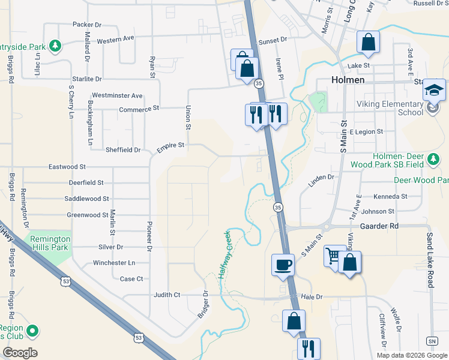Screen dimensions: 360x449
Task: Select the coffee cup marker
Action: pyautogui.click(x=283, y=265)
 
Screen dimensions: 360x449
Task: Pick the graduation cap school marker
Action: pyautogui.click(x=435, y=91)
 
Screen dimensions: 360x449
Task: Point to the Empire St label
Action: pyautogui.click(x=170, y=145)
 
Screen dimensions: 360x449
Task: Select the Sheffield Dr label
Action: pyautogui.click(x=122, y=150)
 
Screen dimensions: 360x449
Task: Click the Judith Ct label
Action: pyautogui.click(x=167, y=295)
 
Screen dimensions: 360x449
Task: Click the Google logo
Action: pyautogui.click(x=20, y=353)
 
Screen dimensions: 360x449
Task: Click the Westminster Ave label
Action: pyautogui.click(x=117, y=95)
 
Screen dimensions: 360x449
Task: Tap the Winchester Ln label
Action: pyautogui.click(x=114, y=263)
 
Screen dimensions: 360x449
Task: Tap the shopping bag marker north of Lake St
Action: pyautogui.click(x=368, y=43)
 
